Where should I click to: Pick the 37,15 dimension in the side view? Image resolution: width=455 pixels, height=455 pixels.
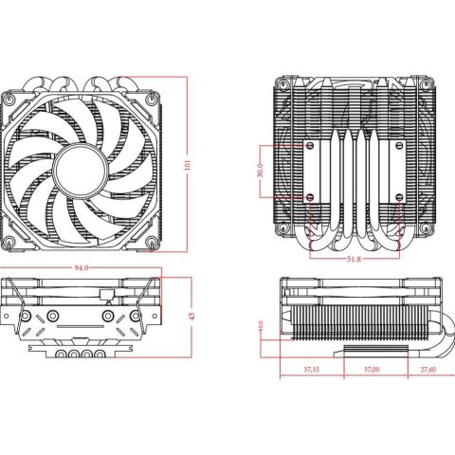pyautogui.click(x=310, y=369)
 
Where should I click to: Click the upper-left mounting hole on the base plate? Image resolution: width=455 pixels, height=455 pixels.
pyautogui.click(x=310, y=148)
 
